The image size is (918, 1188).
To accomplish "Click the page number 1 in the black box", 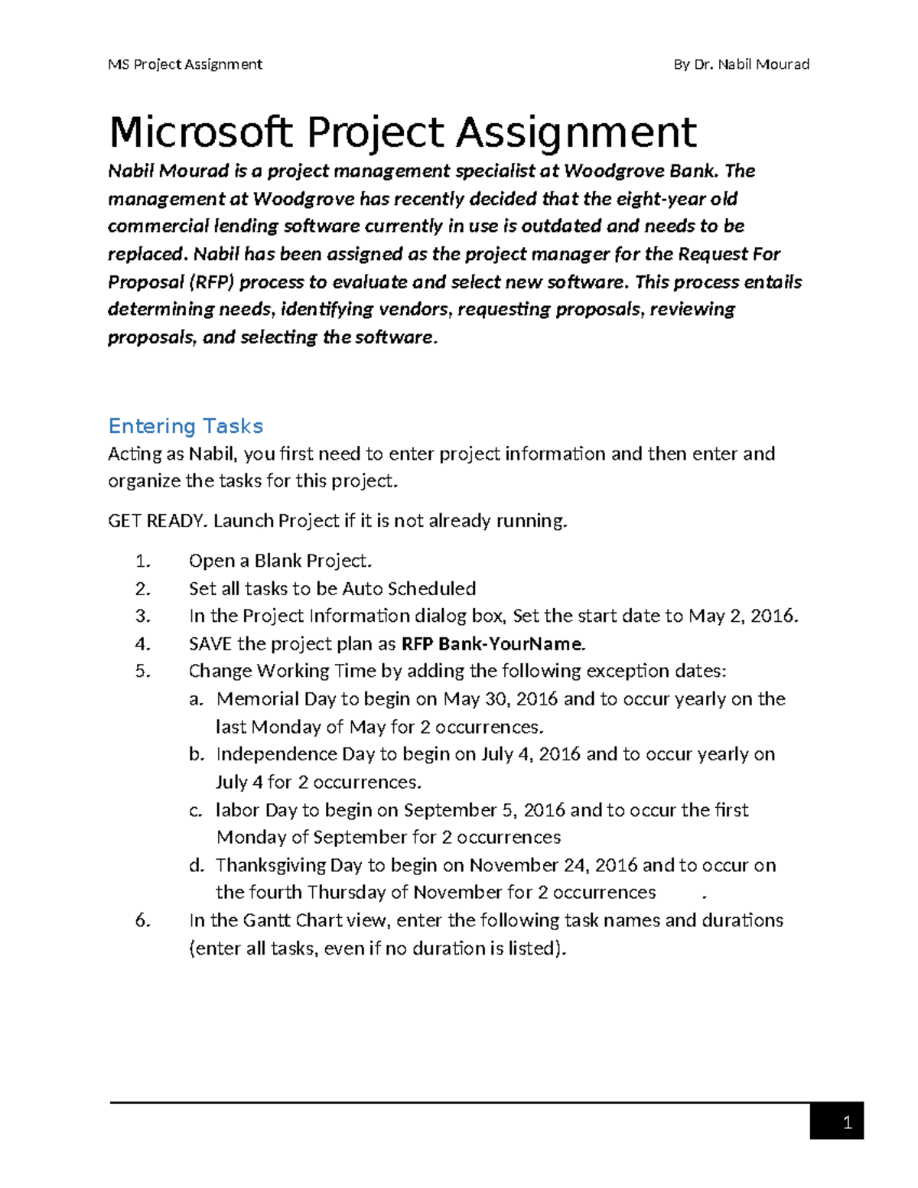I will (x=846, y=1123).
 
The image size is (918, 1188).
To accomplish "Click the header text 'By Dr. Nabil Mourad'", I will (x=741, y=64).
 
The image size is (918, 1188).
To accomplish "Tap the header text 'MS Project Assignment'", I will (x=185, y=64).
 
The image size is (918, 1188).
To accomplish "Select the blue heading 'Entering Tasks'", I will (x=186, y=426).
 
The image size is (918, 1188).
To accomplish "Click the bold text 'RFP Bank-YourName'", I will (x=493, y=643).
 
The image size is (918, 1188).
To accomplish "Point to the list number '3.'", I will (x=143, y=616).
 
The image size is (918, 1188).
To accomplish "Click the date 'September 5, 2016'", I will (x=484, y=809).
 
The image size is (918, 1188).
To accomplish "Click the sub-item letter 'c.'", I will (x=197, y=809).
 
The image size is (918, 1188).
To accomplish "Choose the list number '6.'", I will (x=143, y=919).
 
